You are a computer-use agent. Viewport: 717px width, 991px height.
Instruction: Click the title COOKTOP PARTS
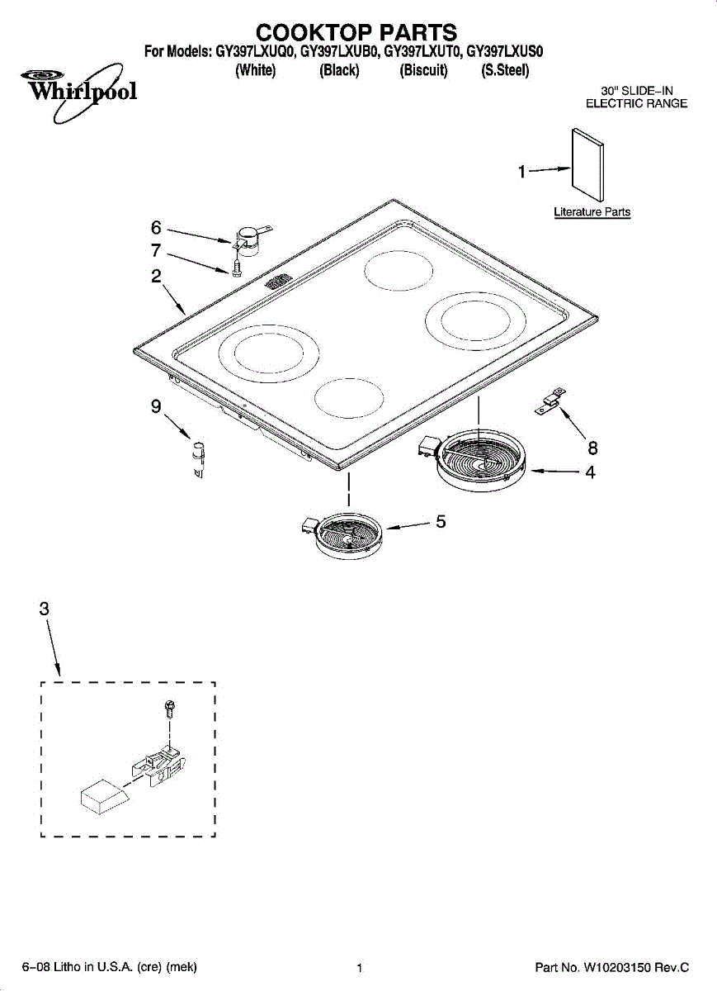356,32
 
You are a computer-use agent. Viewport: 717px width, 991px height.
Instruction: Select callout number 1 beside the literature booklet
521,172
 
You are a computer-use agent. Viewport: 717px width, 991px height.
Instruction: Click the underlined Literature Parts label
592,212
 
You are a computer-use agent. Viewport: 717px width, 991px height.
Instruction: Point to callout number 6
155,227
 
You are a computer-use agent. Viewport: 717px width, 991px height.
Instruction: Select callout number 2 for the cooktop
155,277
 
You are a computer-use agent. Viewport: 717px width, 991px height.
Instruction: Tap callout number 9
155,406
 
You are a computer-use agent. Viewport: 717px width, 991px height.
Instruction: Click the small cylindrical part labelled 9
198,457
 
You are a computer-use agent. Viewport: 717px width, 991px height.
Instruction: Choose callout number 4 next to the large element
591,473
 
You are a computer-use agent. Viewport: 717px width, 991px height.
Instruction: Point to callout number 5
441,522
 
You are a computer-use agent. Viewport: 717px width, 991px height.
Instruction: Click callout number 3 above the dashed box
44,609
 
